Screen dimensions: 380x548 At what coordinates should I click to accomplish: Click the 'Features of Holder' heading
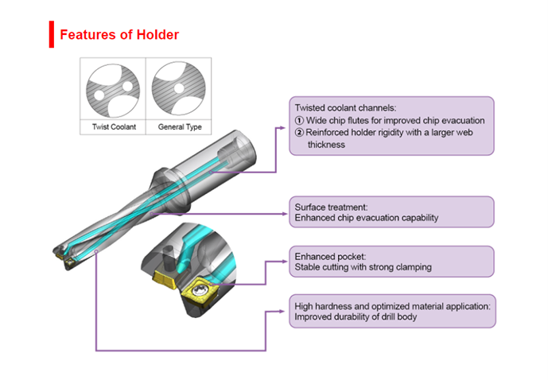tap(119, 35)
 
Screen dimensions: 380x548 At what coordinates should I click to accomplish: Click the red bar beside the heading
tap(52, 35)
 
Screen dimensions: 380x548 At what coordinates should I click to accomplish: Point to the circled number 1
tap(299, 121)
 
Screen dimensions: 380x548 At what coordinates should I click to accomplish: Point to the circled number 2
tap(299, 133)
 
